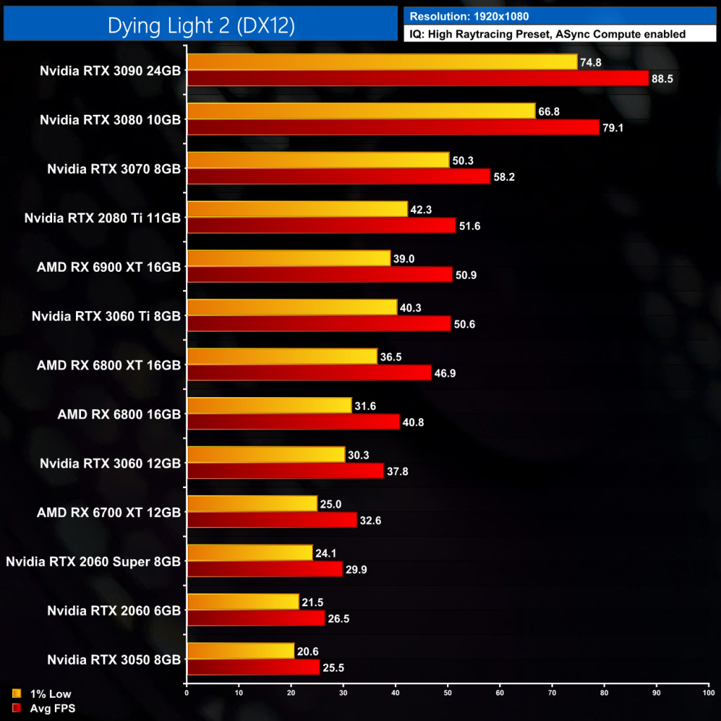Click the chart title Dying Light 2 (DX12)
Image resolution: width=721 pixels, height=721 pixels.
tap(201, 26)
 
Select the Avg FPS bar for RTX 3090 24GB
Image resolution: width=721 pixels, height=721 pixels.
tap(418, 78)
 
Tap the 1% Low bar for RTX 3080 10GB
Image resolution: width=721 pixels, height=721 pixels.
tap(361, 111)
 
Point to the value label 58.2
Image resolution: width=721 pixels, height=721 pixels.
tap(504, 177)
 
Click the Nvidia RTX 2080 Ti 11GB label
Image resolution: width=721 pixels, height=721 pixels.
tap(103, 218)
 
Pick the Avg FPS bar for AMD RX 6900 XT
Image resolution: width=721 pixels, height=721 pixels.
tap(320, 275)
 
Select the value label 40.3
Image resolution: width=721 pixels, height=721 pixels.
tap(411, 308)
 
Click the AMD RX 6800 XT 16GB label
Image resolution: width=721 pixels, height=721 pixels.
tap(108, 365)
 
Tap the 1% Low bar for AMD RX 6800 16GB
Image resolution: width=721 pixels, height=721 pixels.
tap(269, 406)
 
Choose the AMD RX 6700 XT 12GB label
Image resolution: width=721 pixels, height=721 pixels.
tap(108, 512)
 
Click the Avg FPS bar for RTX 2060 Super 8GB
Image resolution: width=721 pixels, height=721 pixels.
tap(265, 569)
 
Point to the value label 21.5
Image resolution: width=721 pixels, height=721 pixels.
tap(313, 602)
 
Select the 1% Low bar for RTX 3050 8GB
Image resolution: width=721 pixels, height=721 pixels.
tap(240, 651)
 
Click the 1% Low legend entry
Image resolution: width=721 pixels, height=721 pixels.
tap(49, 694)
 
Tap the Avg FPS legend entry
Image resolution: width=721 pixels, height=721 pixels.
tap(51, 708)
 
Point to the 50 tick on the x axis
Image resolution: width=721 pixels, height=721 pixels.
tap(448, 694)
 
